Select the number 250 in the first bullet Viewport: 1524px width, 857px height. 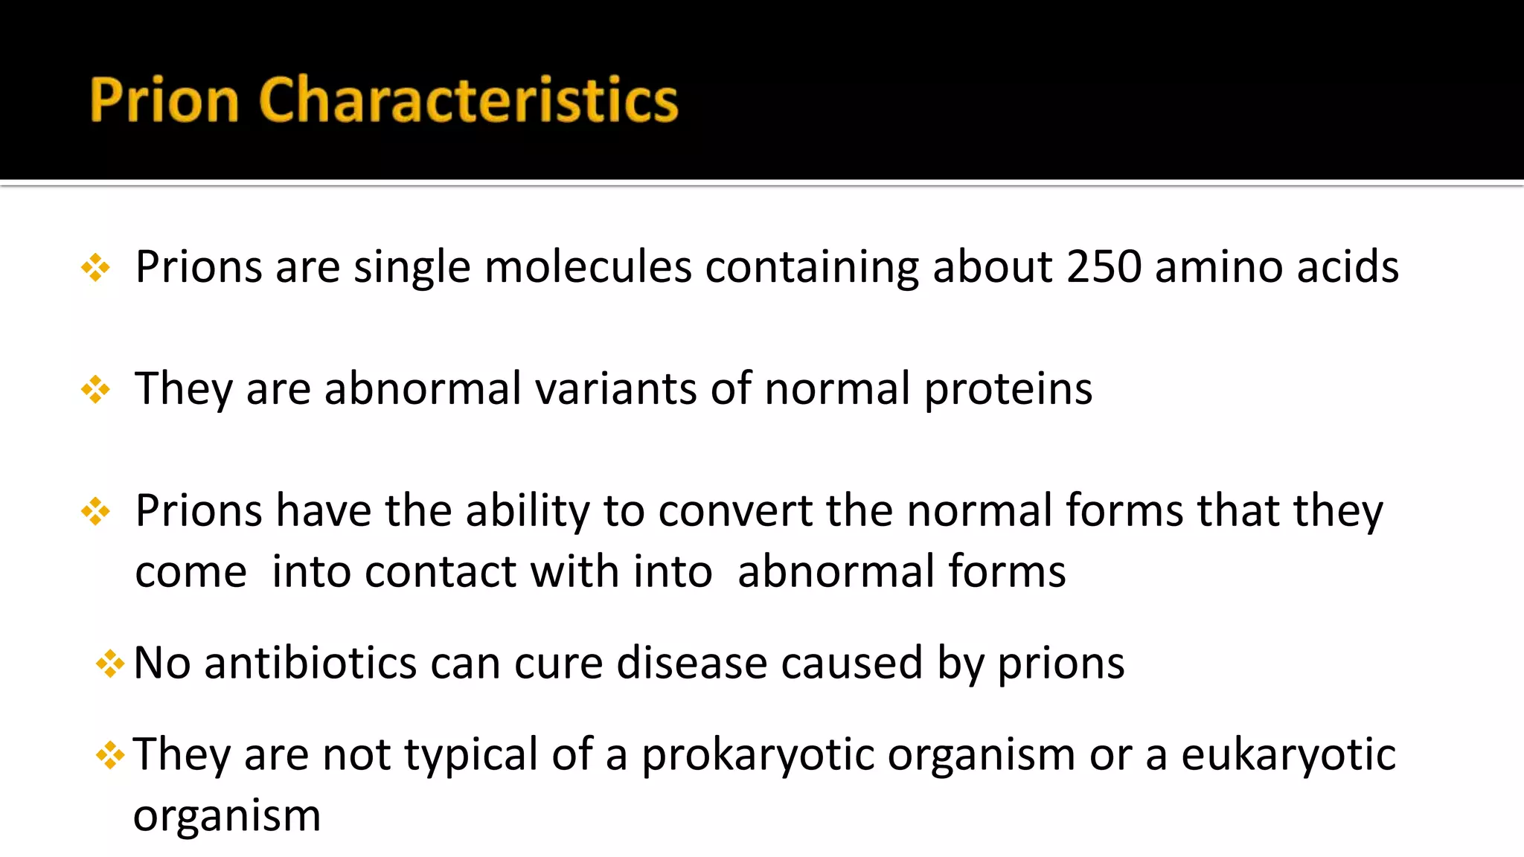click(x=1104, y=266)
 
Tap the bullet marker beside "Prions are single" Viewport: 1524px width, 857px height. click(x=96, y=268)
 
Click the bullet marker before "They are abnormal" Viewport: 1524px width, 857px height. click(x=96, y=390)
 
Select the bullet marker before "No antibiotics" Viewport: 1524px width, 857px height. click(x=110, y=664)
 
